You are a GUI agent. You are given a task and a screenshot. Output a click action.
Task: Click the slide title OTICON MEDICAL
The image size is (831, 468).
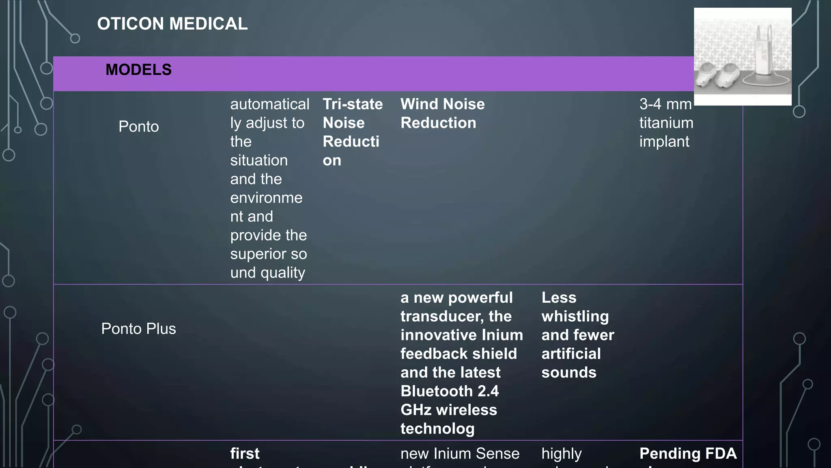(172, 24)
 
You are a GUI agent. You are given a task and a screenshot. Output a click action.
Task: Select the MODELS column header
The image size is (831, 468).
(138, 70)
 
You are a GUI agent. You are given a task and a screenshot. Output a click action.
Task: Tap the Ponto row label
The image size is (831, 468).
(138, 126)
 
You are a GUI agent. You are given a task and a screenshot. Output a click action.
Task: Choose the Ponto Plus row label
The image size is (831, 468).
(138, 329)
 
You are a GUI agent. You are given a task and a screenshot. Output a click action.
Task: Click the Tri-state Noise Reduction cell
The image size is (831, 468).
(352, 132)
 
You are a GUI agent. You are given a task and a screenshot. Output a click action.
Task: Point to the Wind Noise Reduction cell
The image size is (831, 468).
(442, 113)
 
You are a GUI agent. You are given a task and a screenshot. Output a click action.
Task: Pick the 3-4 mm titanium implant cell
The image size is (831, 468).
(666, 123)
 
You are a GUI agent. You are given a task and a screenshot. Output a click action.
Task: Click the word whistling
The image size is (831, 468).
(575, 316)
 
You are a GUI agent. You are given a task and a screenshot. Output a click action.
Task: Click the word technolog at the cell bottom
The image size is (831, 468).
(437, 429)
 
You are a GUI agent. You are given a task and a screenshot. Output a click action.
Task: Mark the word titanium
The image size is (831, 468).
(666, 123)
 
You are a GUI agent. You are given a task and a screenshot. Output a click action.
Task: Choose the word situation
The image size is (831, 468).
(259, 160)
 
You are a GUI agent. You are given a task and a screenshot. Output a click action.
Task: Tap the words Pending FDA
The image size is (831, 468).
(688, 453)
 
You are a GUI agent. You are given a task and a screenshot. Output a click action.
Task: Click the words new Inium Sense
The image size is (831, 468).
(460, 453)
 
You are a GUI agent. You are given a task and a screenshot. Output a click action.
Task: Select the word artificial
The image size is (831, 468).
(571, 354)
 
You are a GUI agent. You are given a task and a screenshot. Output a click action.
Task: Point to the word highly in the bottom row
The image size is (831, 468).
(561, 453)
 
